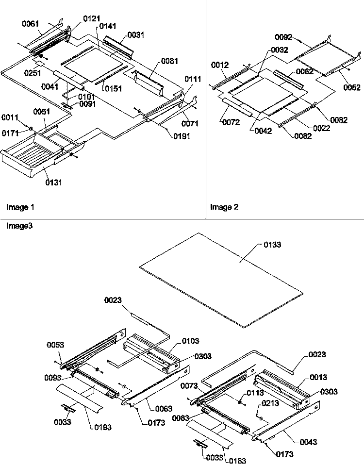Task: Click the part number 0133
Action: point(272,245)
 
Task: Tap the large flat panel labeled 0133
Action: point(221,280)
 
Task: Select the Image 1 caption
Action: point(20,207)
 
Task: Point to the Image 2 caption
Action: point(224,207)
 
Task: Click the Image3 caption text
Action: point(19,226)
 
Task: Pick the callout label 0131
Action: point(54,182)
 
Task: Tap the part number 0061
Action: point(31,24)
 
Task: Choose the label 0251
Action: point(33,72)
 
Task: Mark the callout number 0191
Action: point(182,136)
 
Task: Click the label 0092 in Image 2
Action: point(283,37)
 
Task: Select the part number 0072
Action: point(231,122)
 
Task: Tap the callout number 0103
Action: point(190,341)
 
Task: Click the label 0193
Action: point(103,427)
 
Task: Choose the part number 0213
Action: point(270,403)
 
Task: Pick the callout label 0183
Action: point(237,460)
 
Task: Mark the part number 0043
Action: point(309,442)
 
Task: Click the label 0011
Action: point(10,117)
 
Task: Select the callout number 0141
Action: point(108,26)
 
